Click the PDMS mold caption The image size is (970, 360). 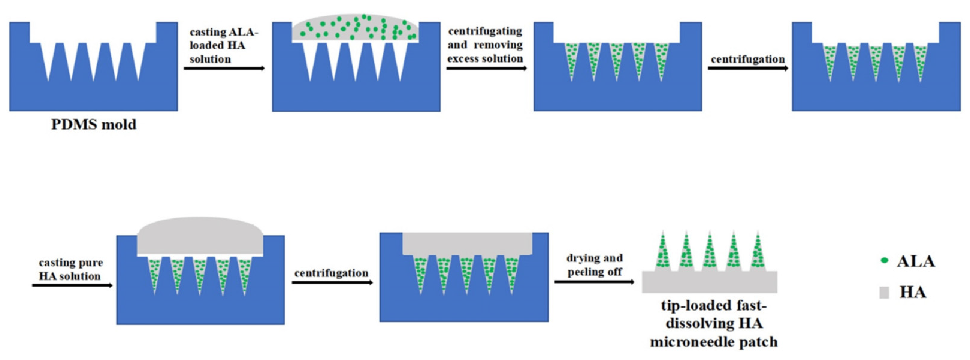tap(94, 124)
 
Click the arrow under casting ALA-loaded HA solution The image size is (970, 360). tap(224, 69)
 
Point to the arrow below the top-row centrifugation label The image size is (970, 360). tap(748, 69)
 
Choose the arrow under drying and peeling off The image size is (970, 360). tap(595, 282)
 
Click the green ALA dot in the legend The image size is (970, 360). tap(885, 261)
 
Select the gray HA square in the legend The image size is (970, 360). tap(884, 293)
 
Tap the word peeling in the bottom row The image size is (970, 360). tap(595, 272)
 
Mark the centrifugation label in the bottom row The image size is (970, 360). tap(331, 273)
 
